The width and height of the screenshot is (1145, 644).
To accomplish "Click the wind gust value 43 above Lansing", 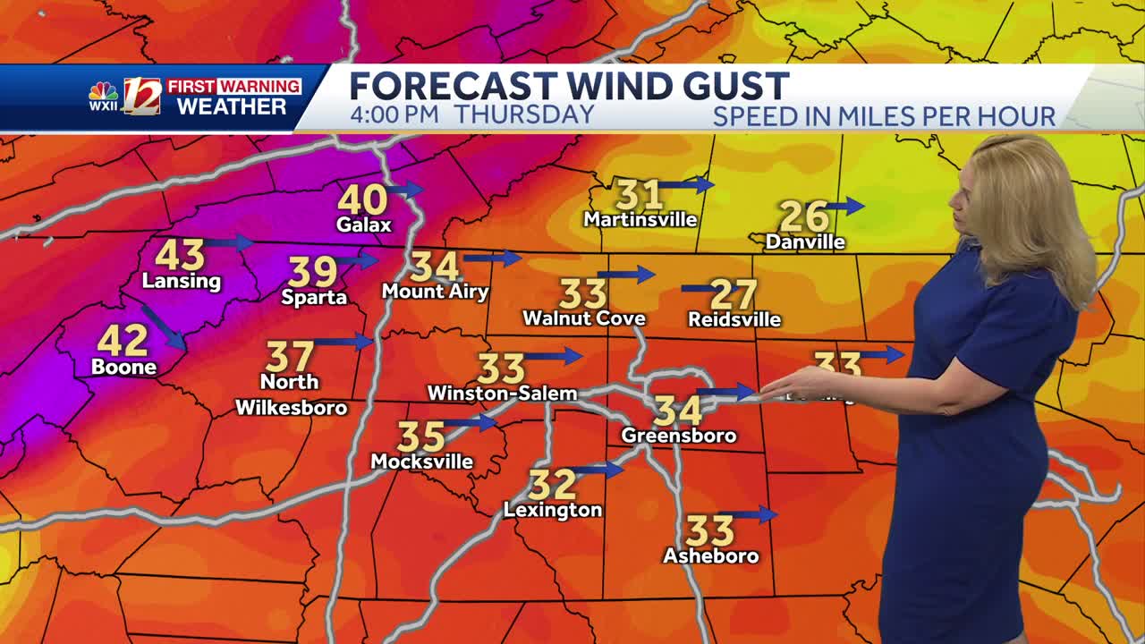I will [x=180, y=255].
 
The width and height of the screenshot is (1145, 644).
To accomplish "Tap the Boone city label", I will [x=123, y=367].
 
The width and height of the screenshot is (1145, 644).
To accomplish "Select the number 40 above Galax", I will [x=362, y=199].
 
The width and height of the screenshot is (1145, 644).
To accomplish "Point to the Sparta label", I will [x=314, y=297].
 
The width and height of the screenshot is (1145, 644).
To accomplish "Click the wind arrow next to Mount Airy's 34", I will [x=491, y=258].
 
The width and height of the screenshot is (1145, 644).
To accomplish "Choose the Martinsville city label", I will [x=640, y=219].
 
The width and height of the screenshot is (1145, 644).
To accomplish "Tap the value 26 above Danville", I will [x=802, y=216].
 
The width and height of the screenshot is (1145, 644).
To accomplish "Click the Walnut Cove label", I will [x=583, y=318].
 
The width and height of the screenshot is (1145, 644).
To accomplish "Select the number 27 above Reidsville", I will [x=734, y=294].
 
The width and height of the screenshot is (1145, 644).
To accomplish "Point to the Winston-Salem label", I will [x=502, y=393].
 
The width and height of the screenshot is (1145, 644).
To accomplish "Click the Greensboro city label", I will [x=679, y=436].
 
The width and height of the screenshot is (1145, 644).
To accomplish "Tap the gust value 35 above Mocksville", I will [x=421, y=436].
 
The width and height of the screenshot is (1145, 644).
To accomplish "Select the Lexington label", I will [x=553, y=510].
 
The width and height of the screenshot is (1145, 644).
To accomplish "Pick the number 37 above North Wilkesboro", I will [x=290, y=356].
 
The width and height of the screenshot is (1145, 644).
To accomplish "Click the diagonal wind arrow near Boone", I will [x=163, y=328].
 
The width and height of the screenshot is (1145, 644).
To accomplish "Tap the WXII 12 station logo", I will [x=125, y=97].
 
